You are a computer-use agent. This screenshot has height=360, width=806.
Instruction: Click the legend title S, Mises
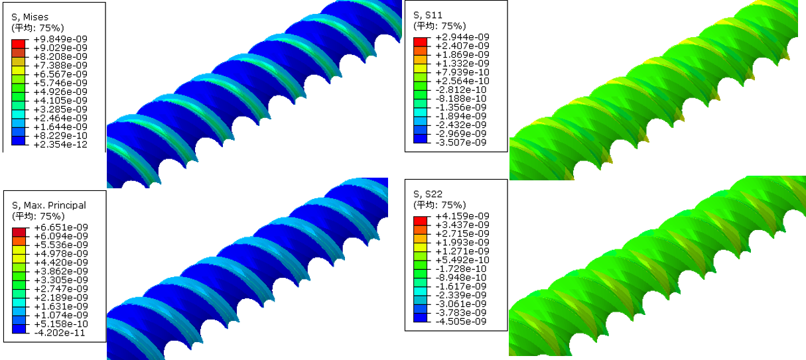pos(30,17)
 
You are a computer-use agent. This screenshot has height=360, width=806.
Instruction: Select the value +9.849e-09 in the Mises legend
pos(60,39)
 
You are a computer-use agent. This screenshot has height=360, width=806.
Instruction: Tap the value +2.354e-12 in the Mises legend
pos(60,145)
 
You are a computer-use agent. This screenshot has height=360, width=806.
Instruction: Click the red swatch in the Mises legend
pos(19,44)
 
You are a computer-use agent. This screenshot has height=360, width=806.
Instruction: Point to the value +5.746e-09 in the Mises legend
pos(60,83)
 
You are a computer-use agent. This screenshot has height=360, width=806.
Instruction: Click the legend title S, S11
pos(428,15)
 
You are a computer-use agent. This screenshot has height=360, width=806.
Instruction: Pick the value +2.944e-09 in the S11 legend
pos(462,37)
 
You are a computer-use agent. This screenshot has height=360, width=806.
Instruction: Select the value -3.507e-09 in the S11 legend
pos(461,143)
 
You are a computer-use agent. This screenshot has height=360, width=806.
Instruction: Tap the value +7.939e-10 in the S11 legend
pos(462,72)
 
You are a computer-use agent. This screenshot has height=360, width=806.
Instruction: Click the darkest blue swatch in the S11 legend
pos(421,139)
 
